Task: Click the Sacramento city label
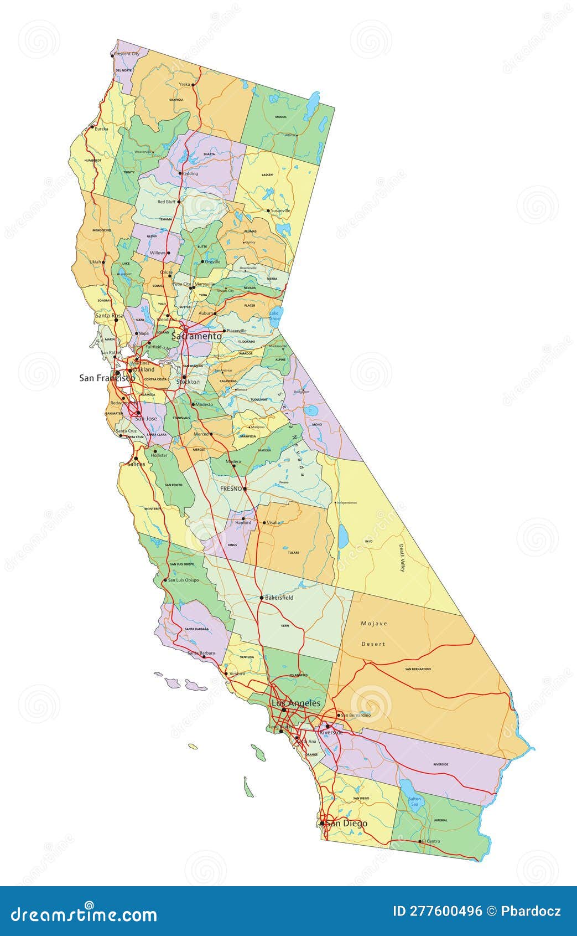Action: [x=196, y=336]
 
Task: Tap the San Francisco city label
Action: [x=107, y=378]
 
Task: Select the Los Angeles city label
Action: [x=295, y=703]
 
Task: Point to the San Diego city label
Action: [x=346, y=823]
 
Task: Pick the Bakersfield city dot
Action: [x=262, y=598]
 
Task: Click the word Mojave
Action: [x=374, y=624]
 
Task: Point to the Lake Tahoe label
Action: [x=274, y=316]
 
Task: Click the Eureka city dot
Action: [x=92, y=128]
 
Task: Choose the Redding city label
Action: [x=190, y=173]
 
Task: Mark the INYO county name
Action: [x=369, y=541]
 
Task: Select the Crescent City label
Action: [x=127, y=54]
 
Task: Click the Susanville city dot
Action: [x=268, y=210]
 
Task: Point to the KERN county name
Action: [x=285, y=625]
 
